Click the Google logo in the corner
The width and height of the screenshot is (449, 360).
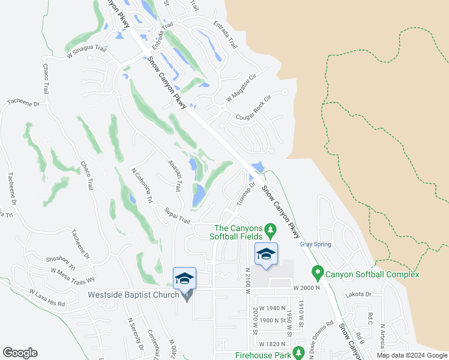tap(20, 353)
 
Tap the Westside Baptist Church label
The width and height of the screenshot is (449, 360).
tap(133, 295)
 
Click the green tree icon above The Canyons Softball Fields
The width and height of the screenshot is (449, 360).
tap(271, 229)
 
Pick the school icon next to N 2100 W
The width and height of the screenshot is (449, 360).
tap(266, 254)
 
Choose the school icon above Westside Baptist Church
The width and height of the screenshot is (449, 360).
tap(184, 278)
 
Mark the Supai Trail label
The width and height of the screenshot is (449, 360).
tap(177, 215)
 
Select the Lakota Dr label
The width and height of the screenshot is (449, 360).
tap(359, 295)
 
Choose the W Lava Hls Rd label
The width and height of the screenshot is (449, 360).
tap(47, 297)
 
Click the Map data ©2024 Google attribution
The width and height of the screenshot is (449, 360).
tap(410, 355)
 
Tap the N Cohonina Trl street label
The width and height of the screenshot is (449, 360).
tap(138, 184)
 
